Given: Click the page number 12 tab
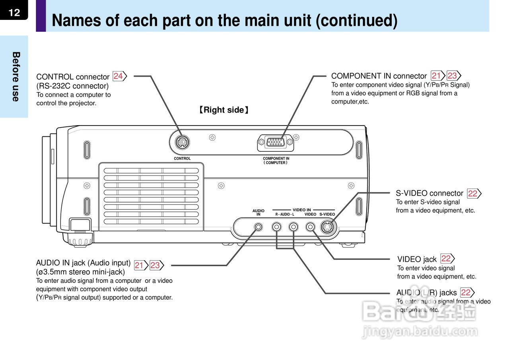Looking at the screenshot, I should coord(14,12).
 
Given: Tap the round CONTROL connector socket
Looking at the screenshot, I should coord(182,141).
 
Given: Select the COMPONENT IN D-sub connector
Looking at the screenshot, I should coord(275,142).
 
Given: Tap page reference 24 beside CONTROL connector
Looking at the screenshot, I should coord(119,76).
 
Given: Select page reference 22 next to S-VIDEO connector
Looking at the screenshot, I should coord(473,194).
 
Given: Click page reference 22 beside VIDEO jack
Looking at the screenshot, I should coord(447,259).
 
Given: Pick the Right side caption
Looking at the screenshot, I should coord(224,110).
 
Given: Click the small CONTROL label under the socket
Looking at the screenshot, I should coord(182,159).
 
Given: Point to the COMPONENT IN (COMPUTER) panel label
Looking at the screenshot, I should coord(276,161).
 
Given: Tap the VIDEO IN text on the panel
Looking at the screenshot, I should coord(302,210).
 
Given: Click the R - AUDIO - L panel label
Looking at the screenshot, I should coord(285,214).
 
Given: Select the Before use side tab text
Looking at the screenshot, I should coord(16,76).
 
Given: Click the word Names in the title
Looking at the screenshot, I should coord(76,20).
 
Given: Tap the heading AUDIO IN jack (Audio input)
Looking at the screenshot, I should coord(83,263).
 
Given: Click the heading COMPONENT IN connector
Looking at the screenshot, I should coord(379,76).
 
